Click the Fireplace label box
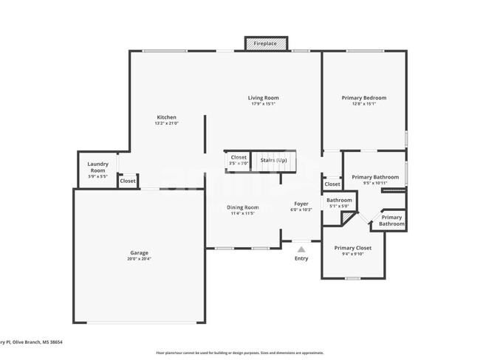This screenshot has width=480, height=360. pyautogui.click(x=265, y=44)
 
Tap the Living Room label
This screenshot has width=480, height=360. pyautogui.click(x=263, y=97)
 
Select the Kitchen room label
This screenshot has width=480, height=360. pyautogui.click(x=166, y=117)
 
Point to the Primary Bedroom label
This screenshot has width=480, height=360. pyautogui.click(x=363, y=97)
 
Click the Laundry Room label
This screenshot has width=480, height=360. pyautogui.click(x=97, y=167)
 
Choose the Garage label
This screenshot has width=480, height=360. pyautogui.click(x=139, y=253)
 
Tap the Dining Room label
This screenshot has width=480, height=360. pyautogui.click(x=242, y=207)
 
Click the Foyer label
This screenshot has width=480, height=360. pyautogui.click(x=301, y=204)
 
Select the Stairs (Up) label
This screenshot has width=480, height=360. pyautogui.click(x=273, y=160)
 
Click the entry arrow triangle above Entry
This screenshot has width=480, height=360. pyautogui.click(x=301, y=250)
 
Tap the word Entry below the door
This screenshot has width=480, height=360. pyautogui.click(x=301, y=258)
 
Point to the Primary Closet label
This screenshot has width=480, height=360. pyautogui.click(x=352, y=248)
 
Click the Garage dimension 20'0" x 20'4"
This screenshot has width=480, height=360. pyautogui.click(x=139, y=259)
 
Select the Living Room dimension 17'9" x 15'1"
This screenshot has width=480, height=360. pyautogui.click(x=263, y=104)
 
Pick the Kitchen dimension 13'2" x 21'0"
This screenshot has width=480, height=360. pyautogui.click(x=166, y=123)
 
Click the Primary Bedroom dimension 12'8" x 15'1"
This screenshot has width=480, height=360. pyautogui.click(x=363, y=104)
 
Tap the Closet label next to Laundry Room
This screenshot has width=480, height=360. pyautogui.click(x=128, y=181)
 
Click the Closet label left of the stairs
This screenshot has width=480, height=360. pyautogui.click(x=239, y=157)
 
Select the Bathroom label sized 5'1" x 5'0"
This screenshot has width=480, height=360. pyautogui.click(x=339, y=200)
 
